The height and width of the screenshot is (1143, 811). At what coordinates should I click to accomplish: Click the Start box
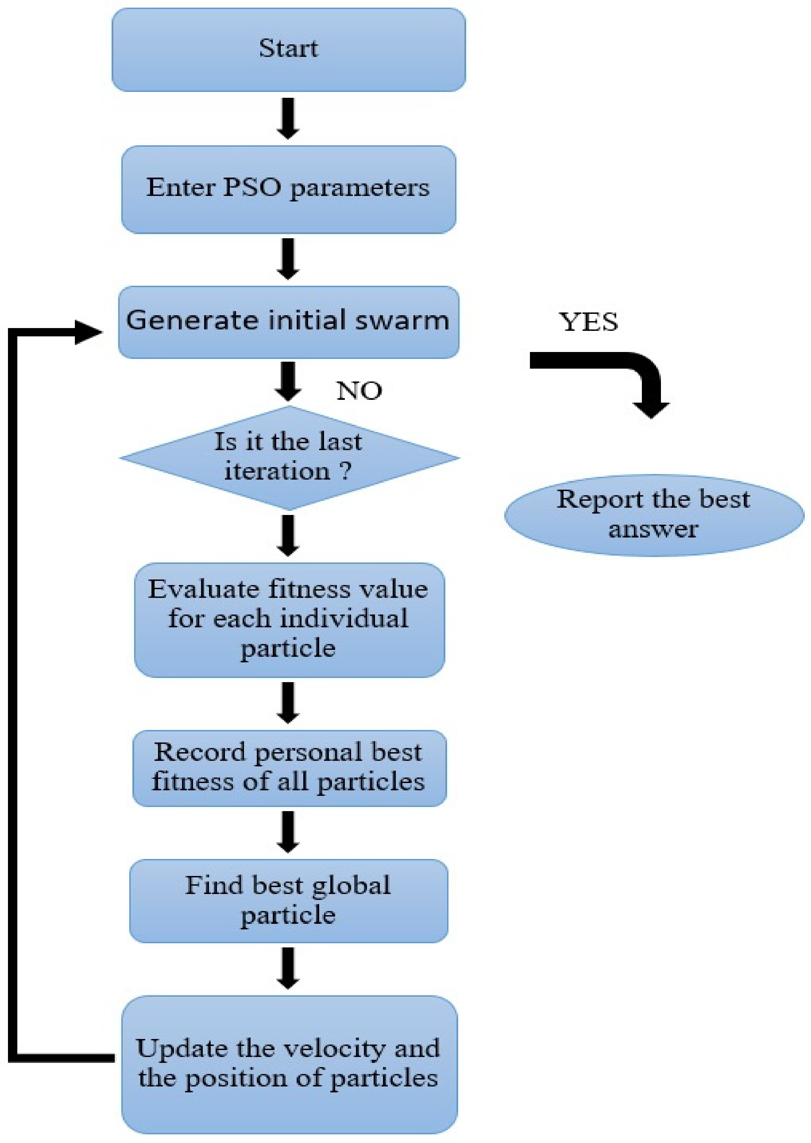point(289,50)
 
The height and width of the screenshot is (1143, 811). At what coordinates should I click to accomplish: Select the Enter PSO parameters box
point(289,189)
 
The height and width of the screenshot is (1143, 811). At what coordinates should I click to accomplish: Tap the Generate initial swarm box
point(289,322)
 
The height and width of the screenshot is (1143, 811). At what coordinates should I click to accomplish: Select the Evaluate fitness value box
point(289,620)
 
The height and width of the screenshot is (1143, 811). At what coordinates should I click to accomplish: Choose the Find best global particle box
point(289,901)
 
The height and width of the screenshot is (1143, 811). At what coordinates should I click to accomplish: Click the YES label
point(588,322)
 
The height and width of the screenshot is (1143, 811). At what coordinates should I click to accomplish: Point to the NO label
point(359,391)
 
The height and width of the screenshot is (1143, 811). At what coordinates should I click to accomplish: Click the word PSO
point(252,188)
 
